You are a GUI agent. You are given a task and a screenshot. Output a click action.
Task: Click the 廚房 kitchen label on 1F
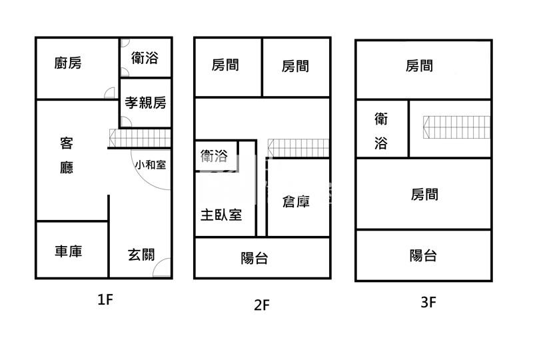point(68,63)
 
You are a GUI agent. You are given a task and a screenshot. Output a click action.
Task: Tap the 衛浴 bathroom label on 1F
point(145,58)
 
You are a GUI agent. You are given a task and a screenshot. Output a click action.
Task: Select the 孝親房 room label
point(145,103)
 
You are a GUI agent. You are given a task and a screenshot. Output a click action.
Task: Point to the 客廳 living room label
point(67,155)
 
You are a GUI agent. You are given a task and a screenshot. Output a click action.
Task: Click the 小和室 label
point(150,164)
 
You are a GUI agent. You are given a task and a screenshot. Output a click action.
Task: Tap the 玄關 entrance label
point(141,254)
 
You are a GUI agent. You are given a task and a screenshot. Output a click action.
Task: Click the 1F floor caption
point(105,299)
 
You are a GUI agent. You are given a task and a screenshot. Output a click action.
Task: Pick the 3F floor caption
point(428,302)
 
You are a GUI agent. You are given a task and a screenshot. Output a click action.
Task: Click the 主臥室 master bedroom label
point(221,215)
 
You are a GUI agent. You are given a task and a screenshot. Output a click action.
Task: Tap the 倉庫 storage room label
point(296,201)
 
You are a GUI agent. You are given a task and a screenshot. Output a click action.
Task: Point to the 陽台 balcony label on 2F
point(255,258)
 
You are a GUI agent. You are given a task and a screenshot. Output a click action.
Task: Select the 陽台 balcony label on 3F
point(423,255)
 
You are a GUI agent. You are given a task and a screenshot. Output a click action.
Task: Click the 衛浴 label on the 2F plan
point(214,156)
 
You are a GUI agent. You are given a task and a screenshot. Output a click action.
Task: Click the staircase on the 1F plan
point(140,138)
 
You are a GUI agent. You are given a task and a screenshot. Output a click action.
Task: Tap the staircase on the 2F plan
point(298,147)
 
